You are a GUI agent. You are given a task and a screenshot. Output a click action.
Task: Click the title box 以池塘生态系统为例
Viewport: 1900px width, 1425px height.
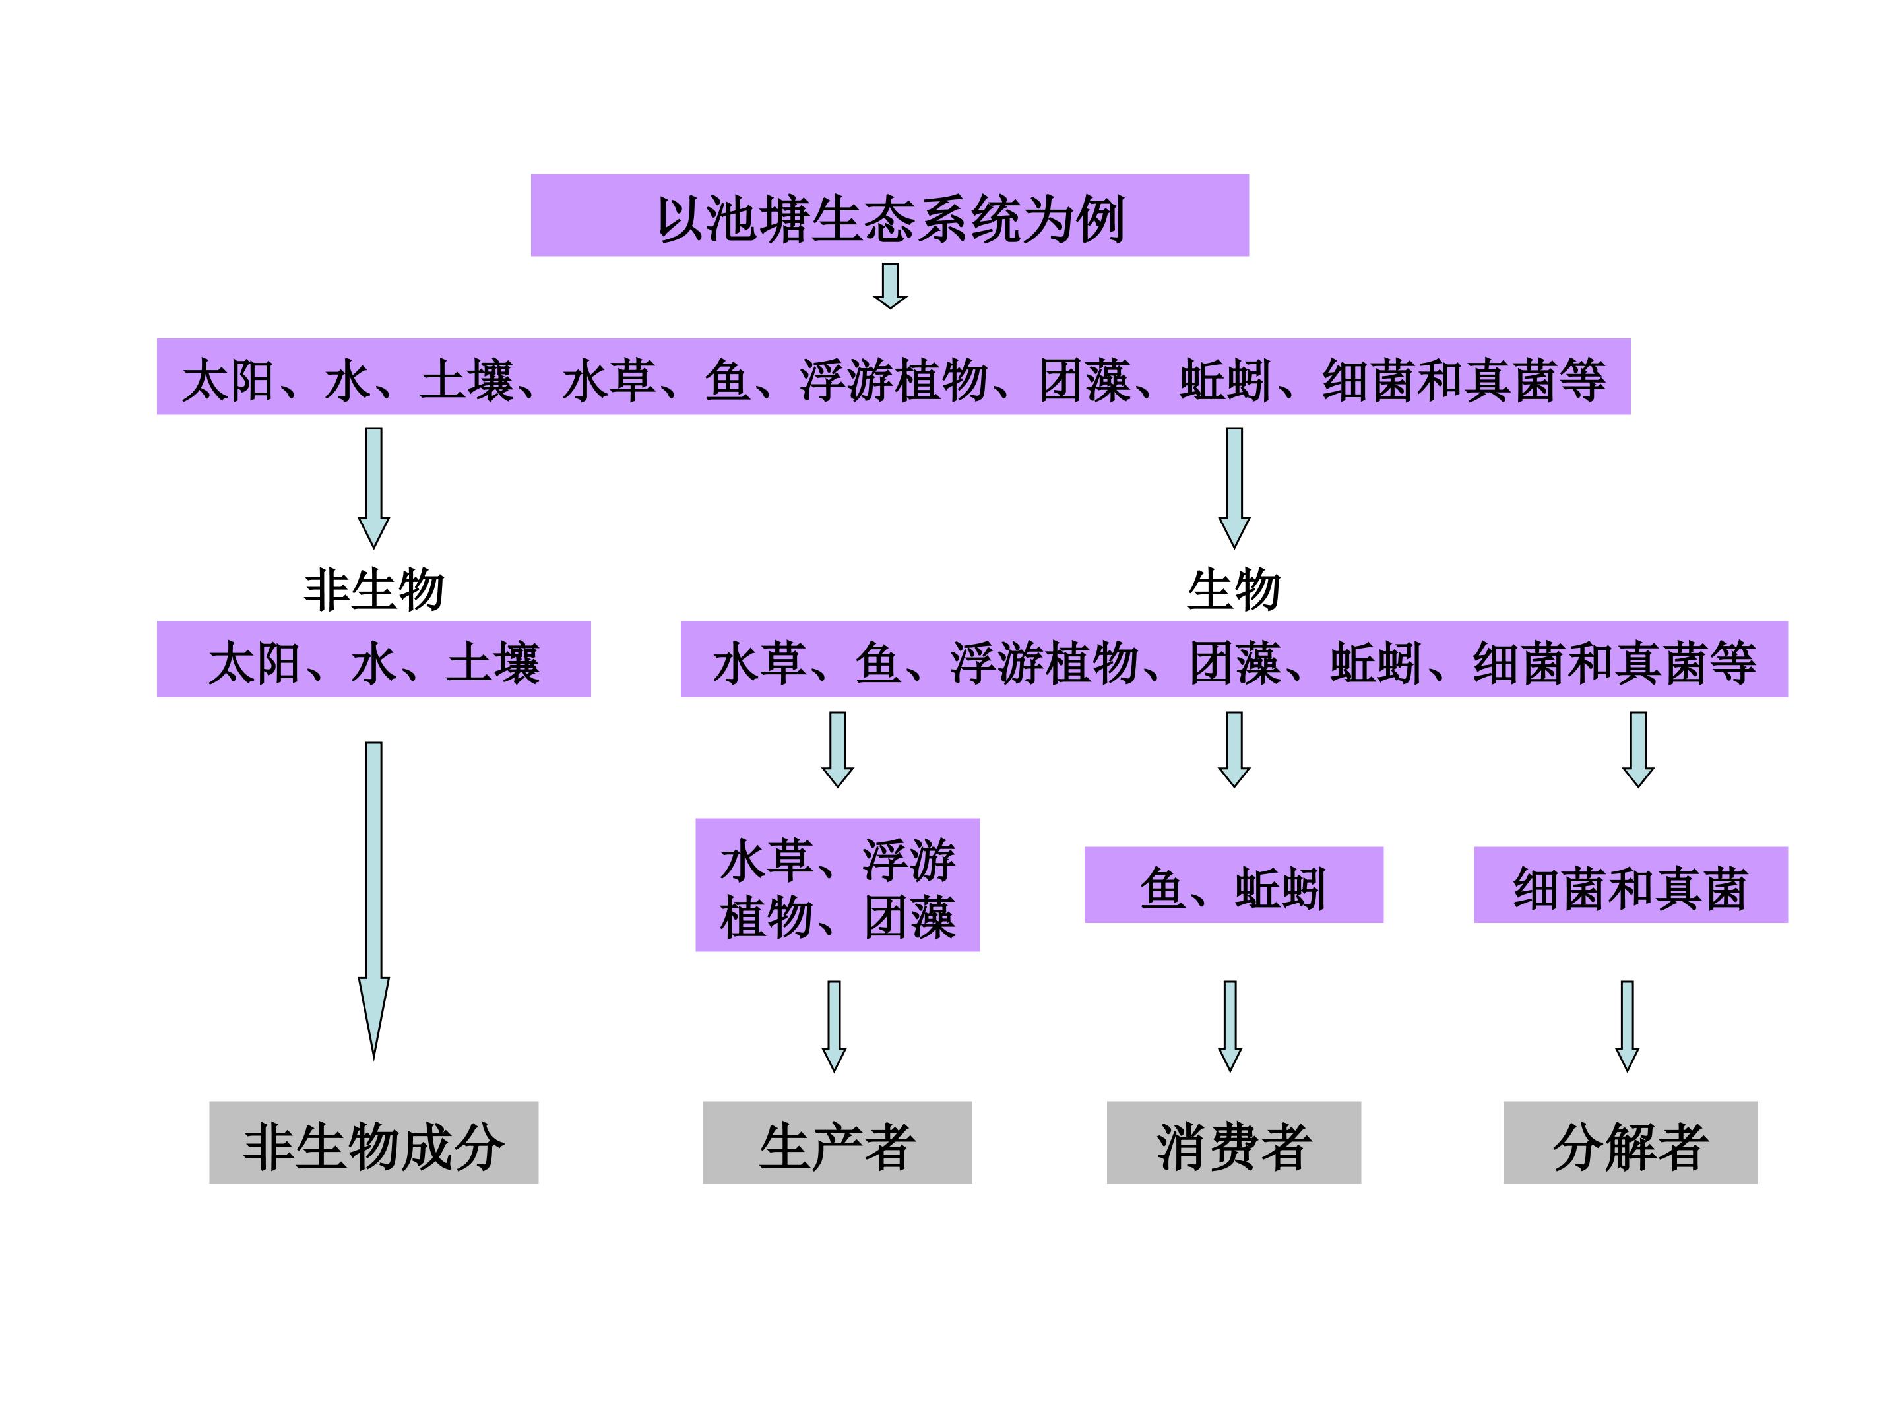point(889,214)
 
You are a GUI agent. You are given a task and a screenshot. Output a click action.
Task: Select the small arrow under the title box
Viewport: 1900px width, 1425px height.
point(890,285)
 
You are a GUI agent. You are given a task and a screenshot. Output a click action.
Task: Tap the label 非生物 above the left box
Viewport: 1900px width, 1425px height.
point(373,589)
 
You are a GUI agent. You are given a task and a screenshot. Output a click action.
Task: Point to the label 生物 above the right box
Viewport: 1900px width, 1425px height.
point(1234,589)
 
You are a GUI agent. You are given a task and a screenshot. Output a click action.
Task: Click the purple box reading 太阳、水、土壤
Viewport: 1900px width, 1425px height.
point(373,660)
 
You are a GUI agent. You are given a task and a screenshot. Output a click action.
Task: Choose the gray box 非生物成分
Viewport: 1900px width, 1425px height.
point(373,1143)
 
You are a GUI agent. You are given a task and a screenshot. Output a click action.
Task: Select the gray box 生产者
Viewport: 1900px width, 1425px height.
point(837,1143)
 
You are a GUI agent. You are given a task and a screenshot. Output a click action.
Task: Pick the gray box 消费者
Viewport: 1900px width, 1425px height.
point(1234,1143)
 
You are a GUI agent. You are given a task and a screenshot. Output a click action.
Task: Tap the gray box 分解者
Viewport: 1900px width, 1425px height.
point(1630,1143)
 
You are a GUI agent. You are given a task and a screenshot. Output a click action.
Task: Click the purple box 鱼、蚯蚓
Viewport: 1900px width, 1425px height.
point(1234,885)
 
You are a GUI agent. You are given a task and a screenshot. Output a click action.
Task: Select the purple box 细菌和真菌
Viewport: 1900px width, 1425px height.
point(1630,885)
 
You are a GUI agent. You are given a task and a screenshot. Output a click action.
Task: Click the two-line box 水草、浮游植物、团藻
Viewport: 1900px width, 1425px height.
point(837,885)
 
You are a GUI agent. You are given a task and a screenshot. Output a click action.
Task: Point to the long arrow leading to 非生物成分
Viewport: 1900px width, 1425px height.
point(373,893)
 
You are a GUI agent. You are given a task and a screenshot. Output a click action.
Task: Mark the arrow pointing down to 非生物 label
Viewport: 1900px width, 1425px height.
point(373,486)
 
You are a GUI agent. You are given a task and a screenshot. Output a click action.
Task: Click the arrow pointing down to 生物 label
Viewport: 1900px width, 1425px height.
point(1234,486)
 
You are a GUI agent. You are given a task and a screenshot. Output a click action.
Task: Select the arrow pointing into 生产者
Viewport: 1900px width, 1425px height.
point(834,1026)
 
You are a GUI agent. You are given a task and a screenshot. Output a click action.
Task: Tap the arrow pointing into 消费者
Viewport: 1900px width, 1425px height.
point(1230,1026)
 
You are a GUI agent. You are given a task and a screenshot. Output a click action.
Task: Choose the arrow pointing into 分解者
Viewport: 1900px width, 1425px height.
point(1627,1026)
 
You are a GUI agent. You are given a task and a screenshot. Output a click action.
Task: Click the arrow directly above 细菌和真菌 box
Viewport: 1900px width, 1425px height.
point(1638,749)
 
